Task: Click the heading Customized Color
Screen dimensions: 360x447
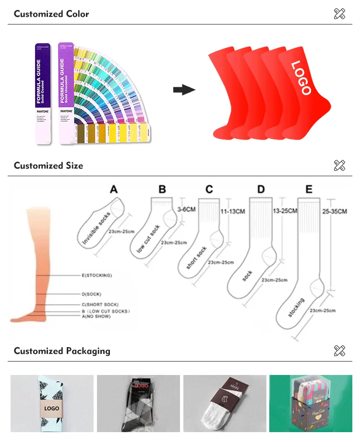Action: pos(51,14)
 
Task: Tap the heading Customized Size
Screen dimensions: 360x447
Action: pos(48,166)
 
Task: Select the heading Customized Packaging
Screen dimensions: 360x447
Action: pos(62,351)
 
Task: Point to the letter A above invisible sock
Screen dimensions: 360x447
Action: pos(114,190)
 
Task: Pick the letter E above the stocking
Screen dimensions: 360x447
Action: pos(309,189)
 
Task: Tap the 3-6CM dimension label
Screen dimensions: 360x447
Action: pos(186,210)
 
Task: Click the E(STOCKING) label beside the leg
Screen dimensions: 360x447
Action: pos(96,276)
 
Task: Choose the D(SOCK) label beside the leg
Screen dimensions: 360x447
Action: pos(91,294)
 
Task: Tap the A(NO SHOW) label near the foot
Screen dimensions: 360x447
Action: pos(96,317)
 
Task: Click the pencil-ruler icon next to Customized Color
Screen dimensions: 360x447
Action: pos(339,14)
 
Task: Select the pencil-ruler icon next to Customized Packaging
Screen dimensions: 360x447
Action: pos(339,351)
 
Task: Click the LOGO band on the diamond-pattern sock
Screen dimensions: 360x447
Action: pos(51,409)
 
